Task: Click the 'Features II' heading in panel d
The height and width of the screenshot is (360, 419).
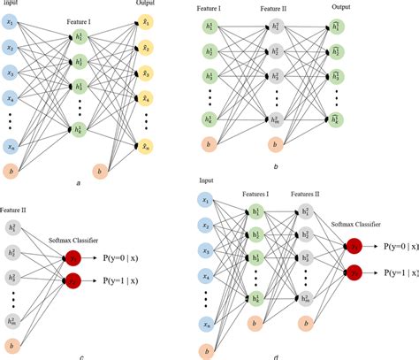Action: click(307, 192)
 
